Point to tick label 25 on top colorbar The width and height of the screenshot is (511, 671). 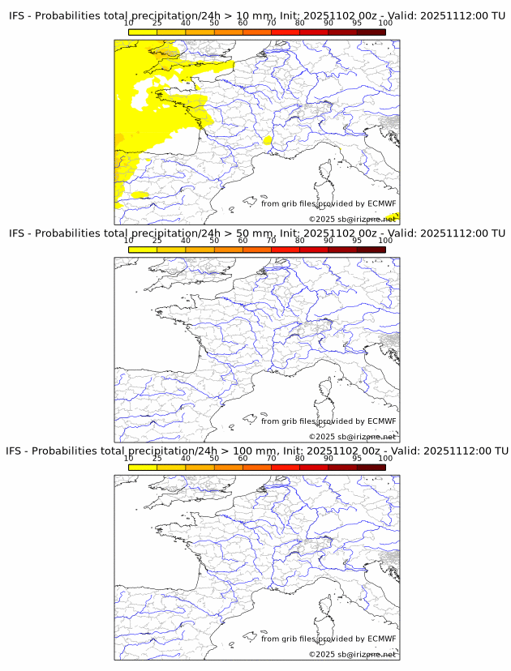pyautogui.click(x=157, y=23)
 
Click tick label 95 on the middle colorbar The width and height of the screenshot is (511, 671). pyautogui.click(x=357, y=241)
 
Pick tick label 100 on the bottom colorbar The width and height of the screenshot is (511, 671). pyautogui.click(x=385, y=458)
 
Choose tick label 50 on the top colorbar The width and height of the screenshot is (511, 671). pyautogui.click(x=214, y=23)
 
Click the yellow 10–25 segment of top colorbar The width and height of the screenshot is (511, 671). pyautogui.click(x=143, y=32)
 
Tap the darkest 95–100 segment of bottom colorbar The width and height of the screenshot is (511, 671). pyautogui.click(x=371, y=468)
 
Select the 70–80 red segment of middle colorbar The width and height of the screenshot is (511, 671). pyautogui.click(x=285, y=250)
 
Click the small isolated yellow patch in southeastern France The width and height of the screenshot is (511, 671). pyautogui.click(x=268, y=140)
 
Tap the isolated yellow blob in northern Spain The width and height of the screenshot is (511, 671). pyautogui.click(x=140, y=194)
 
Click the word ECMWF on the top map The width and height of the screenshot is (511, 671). pyautogui.click(x=382, y=203)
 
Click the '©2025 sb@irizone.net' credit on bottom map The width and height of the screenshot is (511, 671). pyautogui.click(x=352, y=654)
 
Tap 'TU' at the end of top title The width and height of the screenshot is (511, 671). pyautogui.click(x=496, y=15)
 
